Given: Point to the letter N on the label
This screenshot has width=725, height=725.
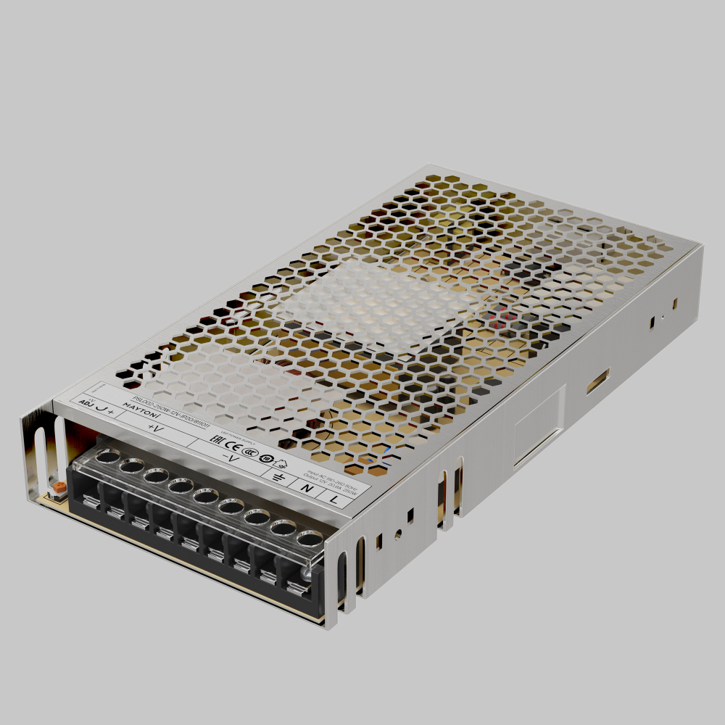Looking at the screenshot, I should pos(307,489).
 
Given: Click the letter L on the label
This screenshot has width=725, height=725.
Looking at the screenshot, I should pos(333,499).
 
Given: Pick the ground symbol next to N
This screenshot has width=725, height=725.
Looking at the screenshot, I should pos(278,477).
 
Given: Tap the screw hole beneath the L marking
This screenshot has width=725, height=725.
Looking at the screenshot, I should pos(310,540).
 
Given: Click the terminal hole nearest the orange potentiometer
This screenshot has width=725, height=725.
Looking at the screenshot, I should pos(107,457).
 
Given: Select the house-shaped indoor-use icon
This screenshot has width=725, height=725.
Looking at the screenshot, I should pos(281,463).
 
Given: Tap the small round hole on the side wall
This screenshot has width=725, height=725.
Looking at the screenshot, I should pos(397,534).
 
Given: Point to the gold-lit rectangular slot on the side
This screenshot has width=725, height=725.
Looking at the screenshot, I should pos(597,381).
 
